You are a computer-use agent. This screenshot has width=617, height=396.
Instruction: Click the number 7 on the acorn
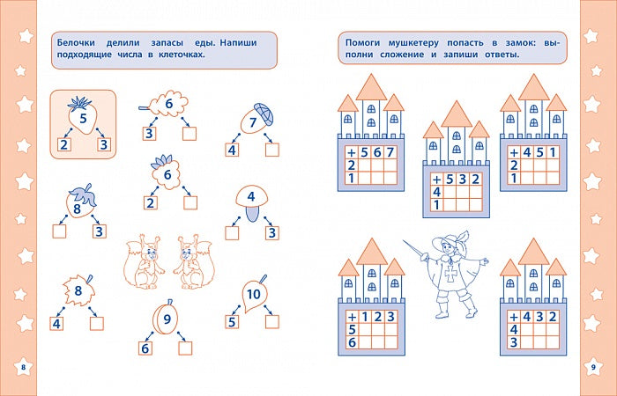[x=253, y=122]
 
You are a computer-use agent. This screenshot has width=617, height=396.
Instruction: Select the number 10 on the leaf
[x=254, y=294]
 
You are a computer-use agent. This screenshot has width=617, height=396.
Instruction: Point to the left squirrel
[x=144, y=261]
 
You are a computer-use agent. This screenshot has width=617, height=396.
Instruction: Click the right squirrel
[x=195, y=261]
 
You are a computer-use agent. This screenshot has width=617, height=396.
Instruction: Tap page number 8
[x=23, y=367]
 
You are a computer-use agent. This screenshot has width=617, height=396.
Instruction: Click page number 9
[x=593, y=367]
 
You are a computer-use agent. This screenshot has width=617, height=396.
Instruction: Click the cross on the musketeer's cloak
[x=450, y=274]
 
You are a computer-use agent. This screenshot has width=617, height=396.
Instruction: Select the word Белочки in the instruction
[x=76, y=43]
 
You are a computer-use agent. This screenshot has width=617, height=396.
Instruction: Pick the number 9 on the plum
[x=167, y=319]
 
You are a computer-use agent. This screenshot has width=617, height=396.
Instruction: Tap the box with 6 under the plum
[x=145, y=348]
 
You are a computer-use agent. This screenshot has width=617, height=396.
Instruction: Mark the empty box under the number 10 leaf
[x=271, y=321]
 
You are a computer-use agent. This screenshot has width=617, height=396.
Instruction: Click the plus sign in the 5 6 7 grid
[x=351, y=152]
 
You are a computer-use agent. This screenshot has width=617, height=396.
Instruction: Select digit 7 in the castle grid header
[x=390, y=152]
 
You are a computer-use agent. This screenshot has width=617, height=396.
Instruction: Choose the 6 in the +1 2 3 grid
[x=352, y=342]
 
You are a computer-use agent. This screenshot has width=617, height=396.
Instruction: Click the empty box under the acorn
[x=271, y=150]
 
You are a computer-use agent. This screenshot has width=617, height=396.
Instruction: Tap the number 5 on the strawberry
[x=83, y=118]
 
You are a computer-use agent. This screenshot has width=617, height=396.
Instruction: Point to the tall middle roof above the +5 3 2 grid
[x=457, y=114]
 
